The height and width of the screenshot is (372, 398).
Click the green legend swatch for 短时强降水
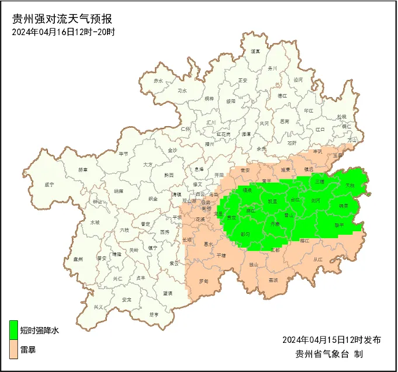(x=14, y=329)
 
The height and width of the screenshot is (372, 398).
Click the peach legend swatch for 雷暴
(x=14, y=350)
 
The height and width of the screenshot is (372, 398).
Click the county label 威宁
(x=50, y=185)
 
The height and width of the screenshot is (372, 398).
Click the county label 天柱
(x=350, y=186)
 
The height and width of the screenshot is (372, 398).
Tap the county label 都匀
(x=245, y=234)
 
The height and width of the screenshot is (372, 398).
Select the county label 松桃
(x=341, y=117)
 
